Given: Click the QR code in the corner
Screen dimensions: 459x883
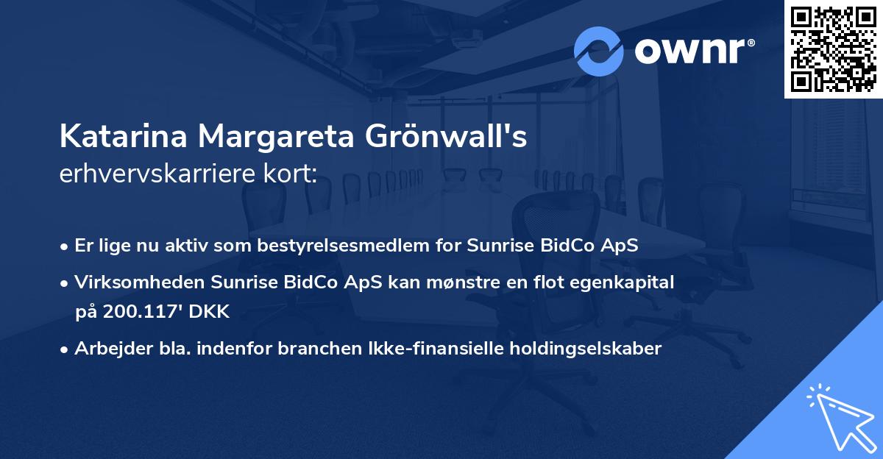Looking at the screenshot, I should (x=833, y=49).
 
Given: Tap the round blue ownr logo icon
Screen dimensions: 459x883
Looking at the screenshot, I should (x=599, y=51).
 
